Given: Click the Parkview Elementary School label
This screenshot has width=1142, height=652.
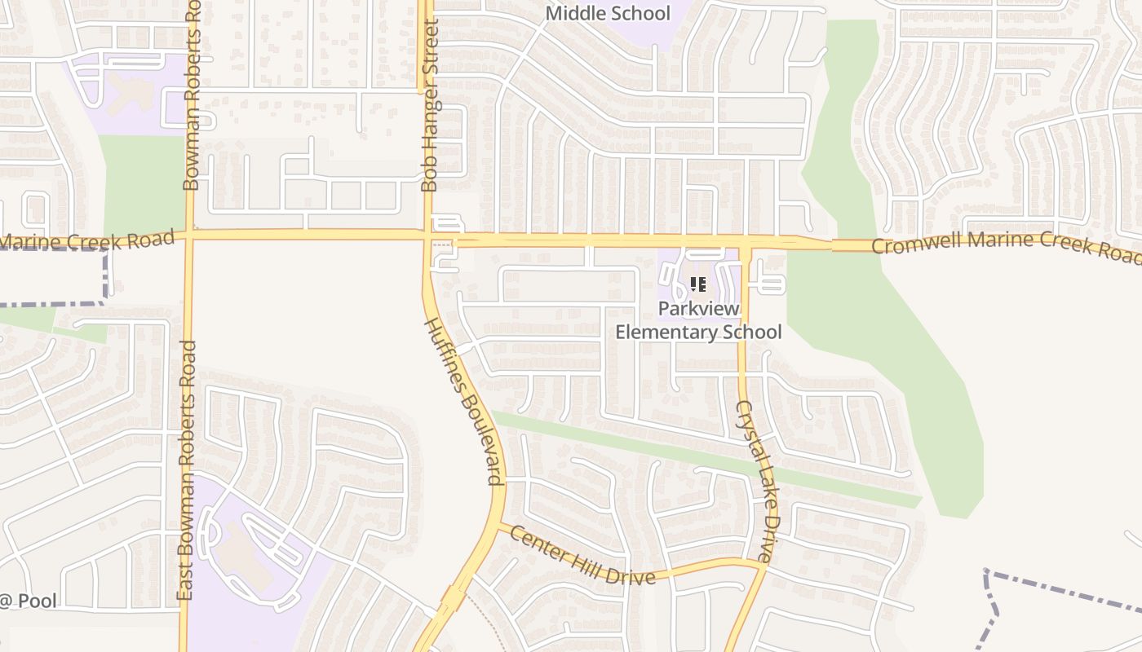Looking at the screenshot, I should [698, 320].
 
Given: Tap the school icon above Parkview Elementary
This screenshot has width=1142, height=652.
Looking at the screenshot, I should [698, 284].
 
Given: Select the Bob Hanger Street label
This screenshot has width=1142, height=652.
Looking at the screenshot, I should [430, 106].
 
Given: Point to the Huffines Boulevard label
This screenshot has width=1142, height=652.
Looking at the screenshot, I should [463, 401].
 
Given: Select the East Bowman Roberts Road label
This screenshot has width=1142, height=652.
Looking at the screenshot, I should [187, 471].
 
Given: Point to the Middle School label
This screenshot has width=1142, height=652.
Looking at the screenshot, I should [608, 13].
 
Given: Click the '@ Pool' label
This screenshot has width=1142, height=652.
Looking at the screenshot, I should [29, 601].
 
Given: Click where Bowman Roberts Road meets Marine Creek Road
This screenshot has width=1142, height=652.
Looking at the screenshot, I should [189, 235].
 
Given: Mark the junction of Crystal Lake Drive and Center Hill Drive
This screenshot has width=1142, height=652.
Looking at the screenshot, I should [764, 564].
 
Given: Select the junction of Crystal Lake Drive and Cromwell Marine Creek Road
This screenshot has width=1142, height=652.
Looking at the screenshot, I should [744, 243].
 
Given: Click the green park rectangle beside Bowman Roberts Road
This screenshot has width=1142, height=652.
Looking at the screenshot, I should [144, 183].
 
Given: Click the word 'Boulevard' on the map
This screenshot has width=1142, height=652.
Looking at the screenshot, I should [484, 438].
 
